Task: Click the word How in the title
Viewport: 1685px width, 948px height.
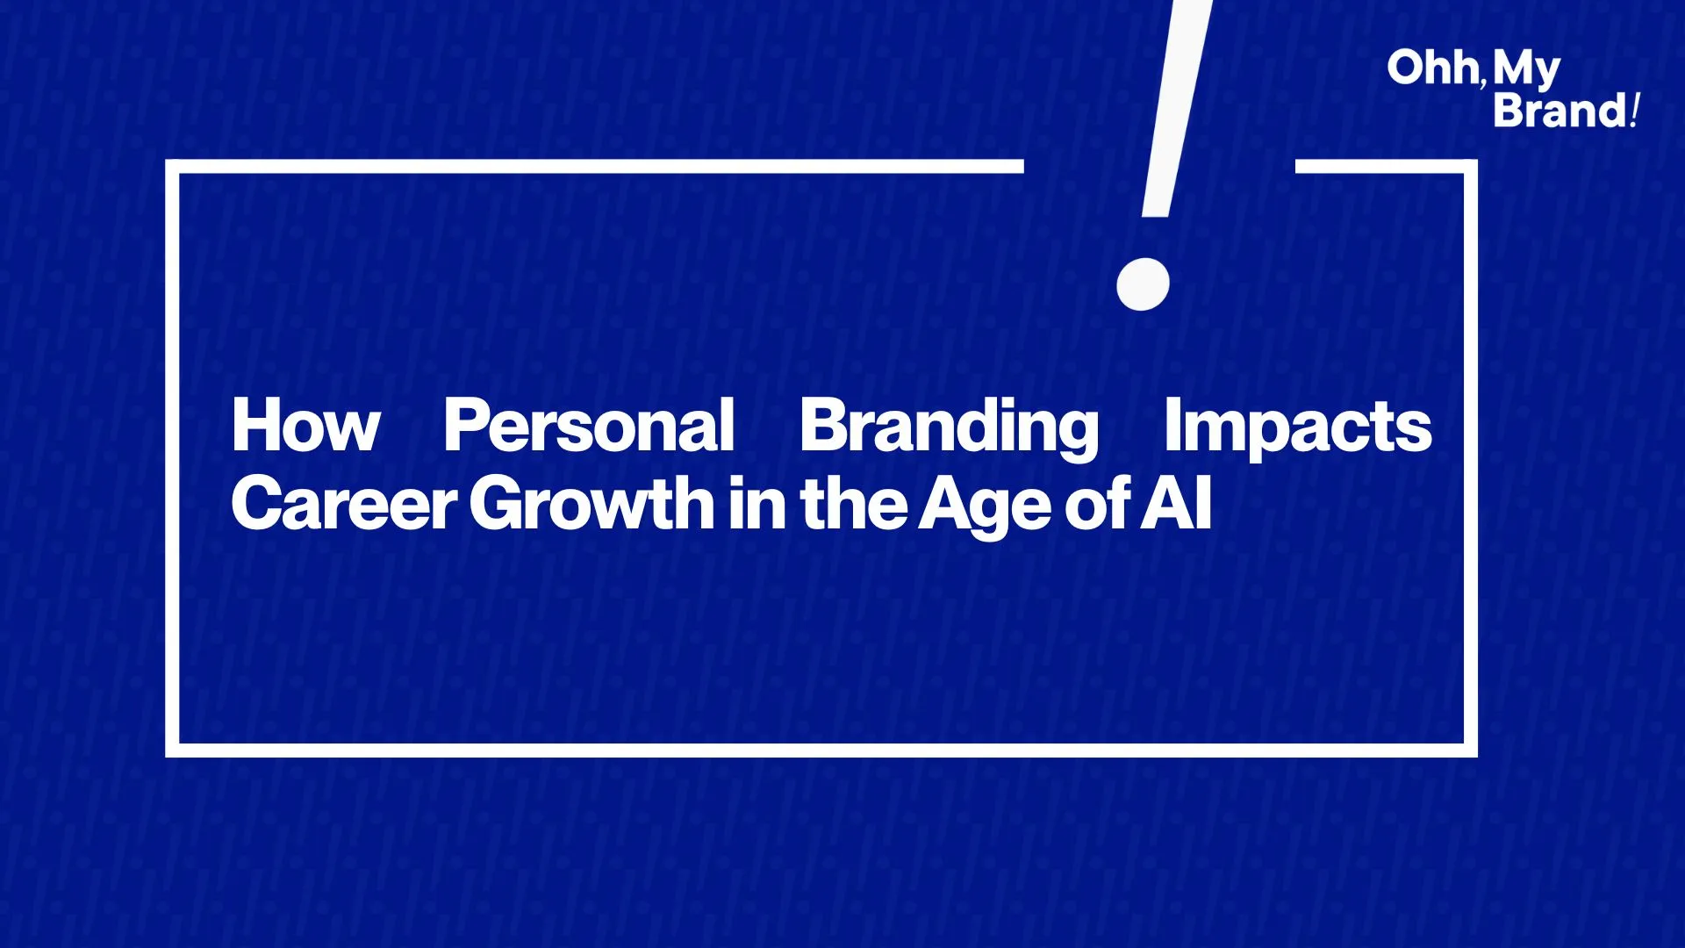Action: point(305,425)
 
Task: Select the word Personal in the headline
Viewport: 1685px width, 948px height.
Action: point(589,425)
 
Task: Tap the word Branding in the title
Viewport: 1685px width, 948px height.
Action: point(949,428)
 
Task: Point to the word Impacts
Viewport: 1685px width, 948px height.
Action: point(1297,428)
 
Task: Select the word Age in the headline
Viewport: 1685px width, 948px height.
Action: point(985,506)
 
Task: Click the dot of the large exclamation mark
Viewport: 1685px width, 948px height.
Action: point(1143,284)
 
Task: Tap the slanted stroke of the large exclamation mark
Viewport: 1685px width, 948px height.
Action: point(1177,108)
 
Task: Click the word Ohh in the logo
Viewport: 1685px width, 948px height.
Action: point(1433,68)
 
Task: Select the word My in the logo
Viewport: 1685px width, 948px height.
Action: point(1527,70)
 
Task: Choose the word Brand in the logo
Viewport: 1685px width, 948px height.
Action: point(1560,111)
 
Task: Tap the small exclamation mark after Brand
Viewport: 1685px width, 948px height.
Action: point(1634,111)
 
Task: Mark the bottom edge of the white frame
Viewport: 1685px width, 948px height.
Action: point(821,750)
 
